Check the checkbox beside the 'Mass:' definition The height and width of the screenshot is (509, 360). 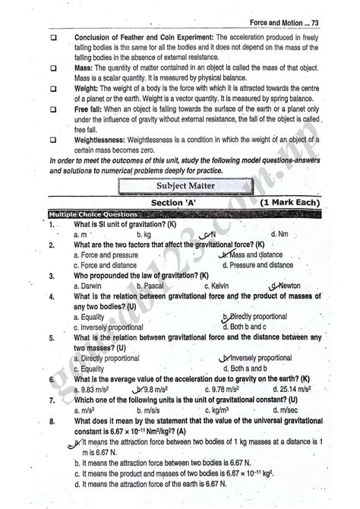click(x=55, y=68)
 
